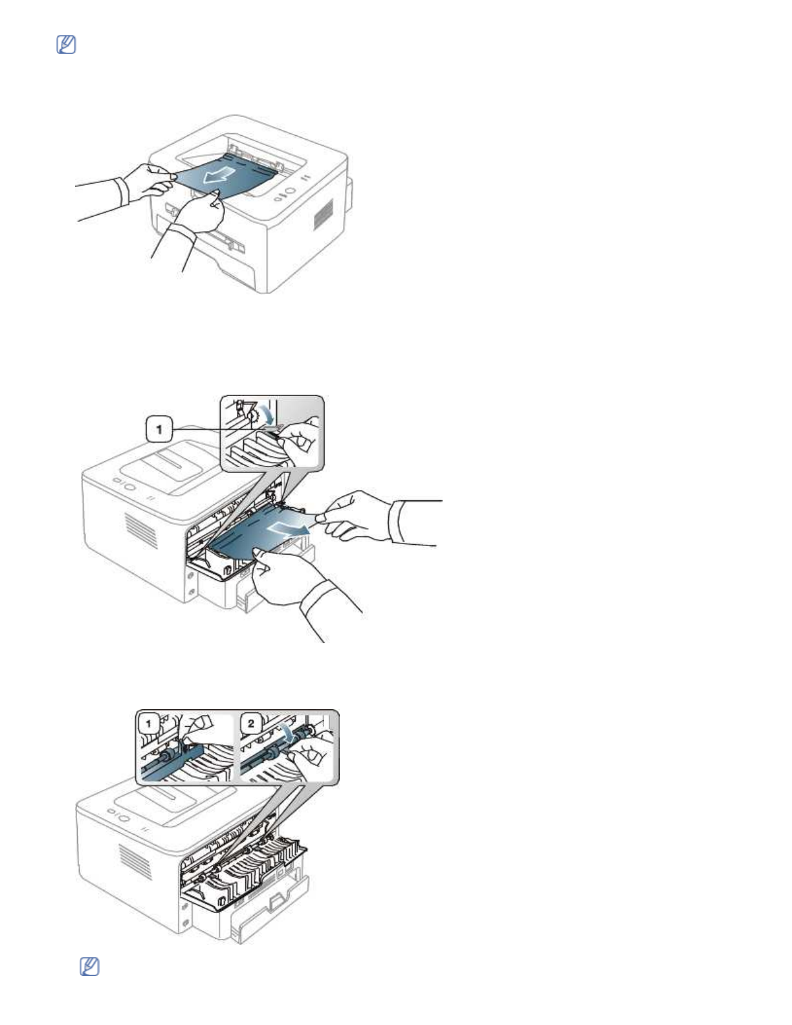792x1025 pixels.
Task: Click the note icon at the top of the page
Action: coord(66,45)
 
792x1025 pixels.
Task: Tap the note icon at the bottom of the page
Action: coord(89,967)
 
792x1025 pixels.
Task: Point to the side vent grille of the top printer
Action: coord(324,214)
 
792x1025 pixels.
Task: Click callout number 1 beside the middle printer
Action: coord(159,428)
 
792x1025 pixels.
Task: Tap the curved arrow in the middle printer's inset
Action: coord(265,415)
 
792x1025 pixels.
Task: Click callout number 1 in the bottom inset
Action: coord(149,723)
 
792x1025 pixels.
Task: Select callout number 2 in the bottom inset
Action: coord(251,723)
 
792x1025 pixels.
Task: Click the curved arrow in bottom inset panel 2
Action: coord(285,733)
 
